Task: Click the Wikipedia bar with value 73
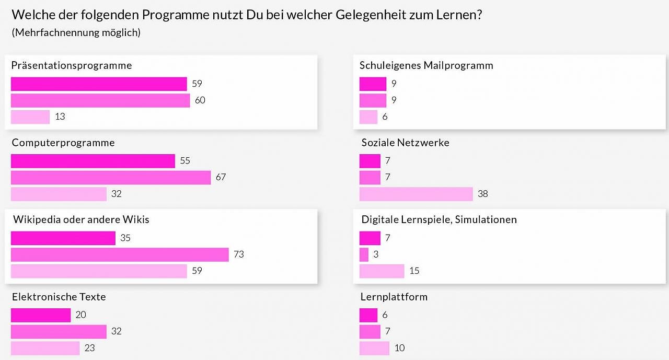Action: coord(120,254)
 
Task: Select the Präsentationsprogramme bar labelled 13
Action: coord(30,117)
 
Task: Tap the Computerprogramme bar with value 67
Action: coord(111,178)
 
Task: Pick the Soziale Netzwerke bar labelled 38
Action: coord(416,194)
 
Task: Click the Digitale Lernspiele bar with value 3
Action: coord(364,254)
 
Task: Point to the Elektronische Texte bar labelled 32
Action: coord(59,331)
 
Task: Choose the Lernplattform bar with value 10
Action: coord(374,348)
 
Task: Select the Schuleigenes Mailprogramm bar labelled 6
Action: coord(368,117)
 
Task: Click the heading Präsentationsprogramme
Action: coord(72,66)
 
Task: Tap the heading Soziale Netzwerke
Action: coord(405,143)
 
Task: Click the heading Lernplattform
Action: coord(394,297)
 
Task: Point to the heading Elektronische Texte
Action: coord(59,297)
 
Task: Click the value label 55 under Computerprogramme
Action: coord(185,161)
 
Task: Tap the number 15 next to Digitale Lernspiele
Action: coord(414,271)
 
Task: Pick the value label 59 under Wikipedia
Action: coord(197,271)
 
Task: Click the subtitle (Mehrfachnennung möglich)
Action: coord(76,32)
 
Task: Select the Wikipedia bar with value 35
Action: coord(63,238)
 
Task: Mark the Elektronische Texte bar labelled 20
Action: coord(41,315)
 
